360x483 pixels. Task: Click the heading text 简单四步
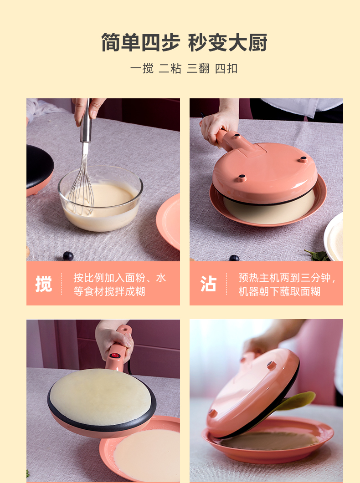point(140,42)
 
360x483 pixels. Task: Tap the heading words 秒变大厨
point(227,42)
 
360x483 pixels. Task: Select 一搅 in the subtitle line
point(142,68)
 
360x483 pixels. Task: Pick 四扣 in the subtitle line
point(226,68)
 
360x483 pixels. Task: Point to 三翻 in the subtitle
point(198,68)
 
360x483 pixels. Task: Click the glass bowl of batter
point(100,198)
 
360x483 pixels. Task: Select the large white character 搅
point(44,284)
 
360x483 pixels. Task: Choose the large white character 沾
point(208,284)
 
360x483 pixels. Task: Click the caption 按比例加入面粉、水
point(120,278)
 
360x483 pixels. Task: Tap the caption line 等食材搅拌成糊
point(109,291)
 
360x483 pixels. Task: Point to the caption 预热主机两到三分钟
point(284,278)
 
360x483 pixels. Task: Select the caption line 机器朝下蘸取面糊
point(279,291)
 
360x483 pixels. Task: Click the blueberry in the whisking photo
point(68,256)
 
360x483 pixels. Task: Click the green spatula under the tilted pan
point(296,401)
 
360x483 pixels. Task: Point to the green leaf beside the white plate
point(317,255)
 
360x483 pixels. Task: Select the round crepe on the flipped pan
point(100,397)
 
